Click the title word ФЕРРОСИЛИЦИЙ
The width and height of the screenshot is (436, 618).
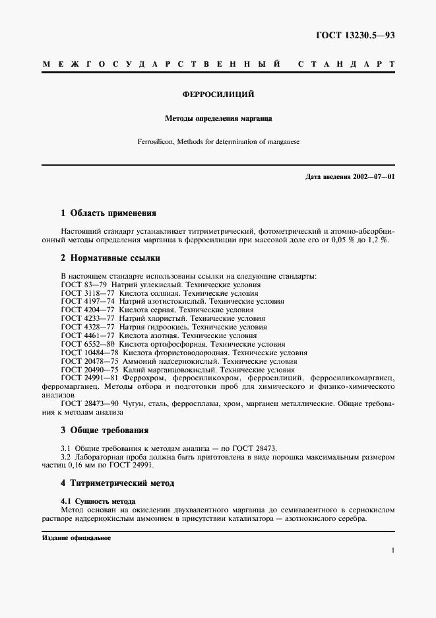(x=218, y=94)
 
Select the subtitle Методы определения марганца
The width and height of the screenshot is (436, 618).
(x=218, y=120)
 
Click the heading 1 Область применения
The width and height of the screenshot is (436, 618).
(x=108, y=213)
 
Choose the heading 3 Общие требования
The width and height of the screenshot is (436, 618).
(x=104, y=430)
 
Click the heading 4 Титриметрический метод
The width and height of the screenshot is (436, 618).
(x=117, y=483)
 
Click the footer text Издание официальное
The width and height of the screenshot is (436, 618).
(x=76, y=538)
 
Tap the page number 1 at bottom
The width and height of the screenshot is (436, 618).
(x=392, y=550)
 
